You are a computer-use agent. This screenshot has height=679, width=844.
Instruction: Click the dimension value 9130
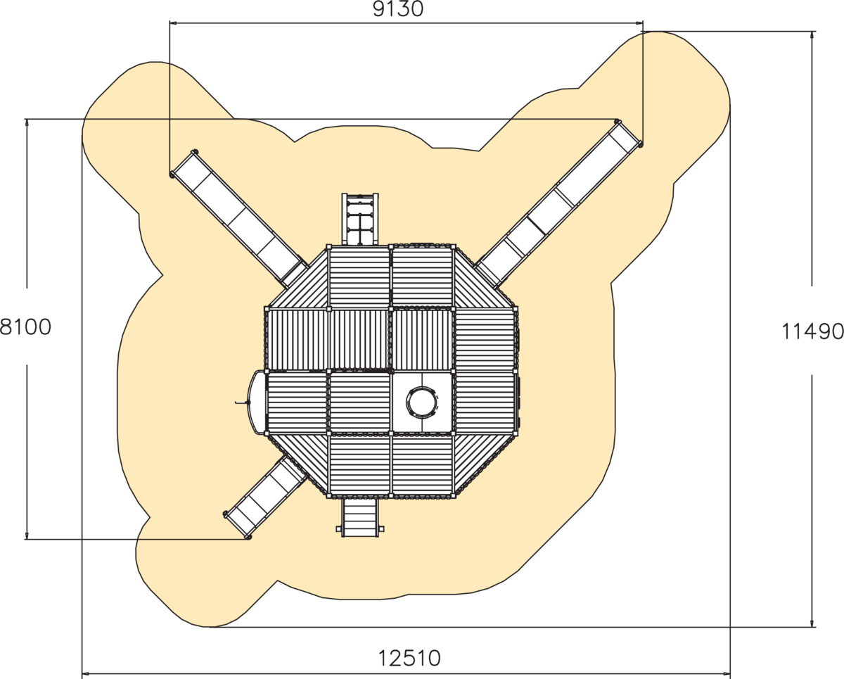point(398,9)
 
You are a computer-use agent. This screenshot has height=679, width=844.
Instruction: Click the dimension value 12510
point(409,658)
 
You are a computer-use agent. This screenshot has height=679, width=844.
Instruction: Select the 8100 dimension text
point(25,327)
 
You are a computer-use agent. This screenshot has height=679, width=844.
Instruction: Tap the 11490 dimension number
point(812,331)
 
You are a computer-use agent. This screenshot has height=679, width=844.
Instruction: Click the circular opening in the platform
point(422,402)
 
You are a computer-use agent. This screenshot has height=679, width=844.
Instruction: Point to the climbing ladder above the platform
point(360,219)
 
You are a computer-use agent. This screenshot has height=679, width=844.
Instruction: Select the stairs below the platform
point(360,517)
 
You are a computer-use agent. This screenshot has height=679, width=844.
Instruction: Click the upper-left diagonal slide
point(238,218)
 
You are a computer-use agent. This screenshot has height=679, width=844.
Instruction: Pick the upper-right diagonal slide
point(558,203)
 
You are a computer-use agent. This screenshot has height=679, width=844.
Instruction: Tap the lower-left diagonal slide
point(264,497)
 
